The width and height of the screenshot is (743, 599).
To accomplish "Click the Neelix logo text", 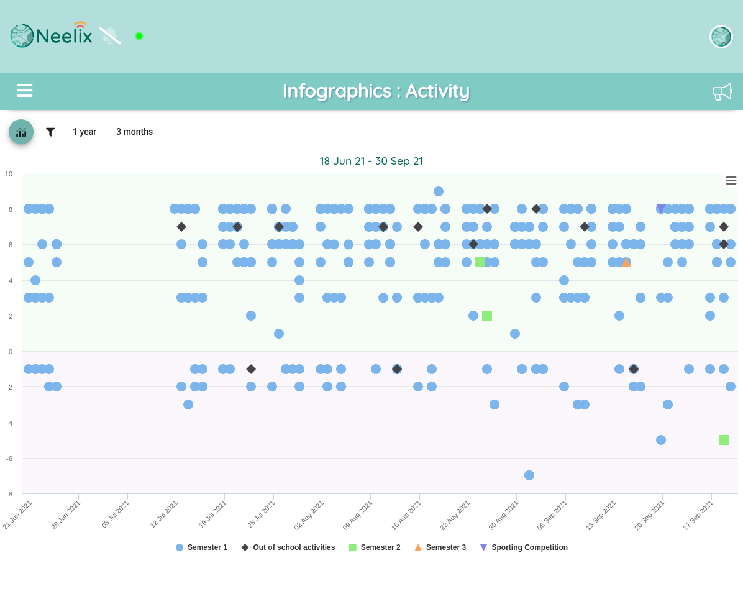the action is tap(64, 35).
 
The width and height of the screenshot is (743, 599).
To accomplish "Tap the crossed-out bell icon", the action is tap(110, 35).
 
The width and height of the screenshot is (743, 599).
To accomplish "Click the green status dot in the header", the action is tap(139, 36).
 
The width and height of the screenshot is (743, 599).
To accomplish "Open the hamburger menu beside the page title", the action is tap(25, 90).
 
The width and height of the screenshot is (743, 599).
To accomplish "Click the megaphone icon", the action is tap(722, 91).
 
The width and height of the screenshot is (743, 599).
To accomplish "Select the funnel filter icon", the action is tap(50, 132).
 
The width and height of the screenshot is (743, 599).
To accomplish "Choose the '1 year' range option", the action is tap(84, 132).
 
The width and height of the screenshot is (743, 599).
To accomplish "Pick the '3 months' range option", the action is tap(135, 132).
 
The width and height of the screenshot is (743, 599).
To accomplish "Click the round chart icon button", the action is tap(21, 132).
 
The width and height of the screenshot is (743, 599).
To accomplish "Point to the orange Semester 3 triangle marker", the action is tap(626, 263).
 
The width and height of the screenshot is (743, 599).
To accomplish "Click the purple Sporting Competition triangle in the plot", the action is tap(661, 208).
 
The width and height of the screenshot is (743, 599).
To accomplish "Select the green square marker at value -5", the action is tap(724, 440).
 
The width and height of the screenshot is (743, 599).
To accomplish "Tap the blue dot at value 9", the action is tap(439, 191).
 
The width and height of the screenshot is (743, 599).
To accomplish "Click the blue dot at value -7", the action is tap(529, 475).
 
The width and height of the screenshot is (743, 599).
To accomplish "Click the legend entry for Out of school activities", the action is tap(288, 547).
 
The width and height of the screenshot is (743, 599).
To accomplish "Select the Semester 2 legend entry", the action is tap(375, 547).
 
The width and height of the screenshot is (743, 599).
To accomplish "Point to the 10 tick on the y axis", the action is tap(9, 174).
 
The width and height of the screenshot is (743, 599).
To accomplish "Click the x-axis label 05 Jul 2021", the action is tap(116, 514).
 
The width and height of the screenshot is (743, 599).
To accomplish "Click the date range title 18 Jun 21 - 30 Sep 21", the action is tap(371, 161).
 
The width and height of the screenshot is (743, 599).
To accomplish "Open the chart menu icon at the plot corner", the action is tap(731, 181).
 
